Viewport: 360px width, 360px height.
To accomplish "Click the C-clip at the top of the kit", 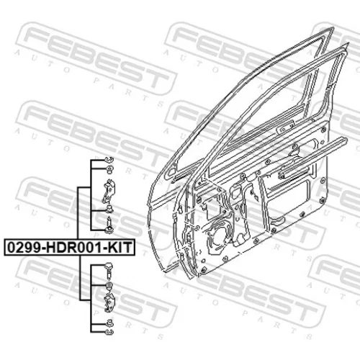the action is pyautogui.click(x=109, y=159).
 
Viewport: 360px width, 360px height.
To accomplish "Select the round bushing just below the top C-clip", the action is pyautogui.click(x=109, y=169).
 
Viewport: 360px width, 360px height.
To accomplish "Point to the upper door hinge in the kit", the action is pyautogui.click(x=109, y=192).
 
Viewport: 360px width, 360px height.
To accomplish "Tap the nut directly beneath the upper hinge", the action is pyautogui.click(x=109, y=210).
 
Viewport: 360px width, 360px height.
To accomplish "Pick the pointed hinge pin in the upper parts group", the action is pyautogui.click(x=109, y=225).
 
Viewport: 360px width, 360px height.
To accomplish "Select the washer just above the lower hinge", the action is pyautogui.click(x=109, y=286).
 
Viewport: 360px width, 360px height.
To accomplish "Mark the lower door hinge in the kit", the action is pyautogui.click(x=109, y=302).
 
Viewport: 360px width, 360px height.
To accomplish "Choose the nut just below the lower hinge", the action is pyautogui.click(x=109, y=323).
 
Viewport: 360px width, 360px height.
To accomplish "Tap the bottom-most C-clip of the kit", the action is pyautogui.click(x=109, y=332).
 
